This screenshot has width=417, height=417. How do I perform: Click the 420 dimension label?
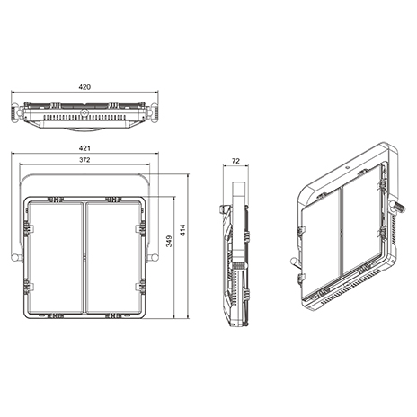[x=84, y=87]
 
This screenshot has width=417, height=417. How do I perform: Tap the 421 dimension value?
[x=84, y=148]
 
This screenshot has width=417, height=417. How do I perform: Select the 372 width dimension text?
[x=84, y=160]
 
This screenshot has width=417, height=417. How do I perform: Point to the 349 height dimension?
[x=169, y=241]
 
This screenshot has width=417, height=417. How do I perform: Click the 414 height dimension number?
[x=182, y=230]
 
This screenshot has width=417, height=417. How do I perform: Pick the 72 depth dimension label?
[x=235, y=161]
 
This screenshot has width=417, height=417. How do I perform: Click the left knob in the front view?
[x=16, y=257]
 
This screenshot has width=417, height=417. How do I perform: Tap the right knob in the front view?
[x=154, y=257]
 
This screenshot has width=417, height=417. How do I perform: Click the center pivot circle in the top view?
[x=84, y=112]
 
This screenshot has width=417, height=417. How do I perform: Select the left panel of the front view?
[x=56, y=258]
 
